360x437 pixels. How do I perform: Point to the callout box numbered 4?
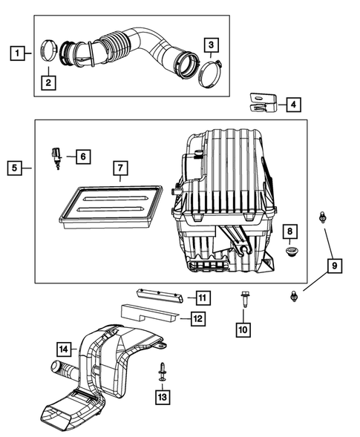click(295, 105)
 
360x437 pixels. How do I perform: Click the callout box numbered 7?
click(120, 168)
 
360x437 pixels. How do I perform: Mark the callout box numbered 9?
click(334, 266)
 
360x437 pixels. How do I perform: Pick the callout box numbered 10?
click(243, 329)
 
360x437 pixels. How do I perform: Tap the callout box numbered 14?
click(65, 346)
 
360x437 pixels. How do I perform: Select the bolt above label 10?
click(243, 301)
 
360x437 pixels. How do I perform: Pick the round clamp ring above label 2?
click(50, 51)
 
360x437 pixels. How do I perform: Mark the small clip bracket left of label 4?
click(261, 102)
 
